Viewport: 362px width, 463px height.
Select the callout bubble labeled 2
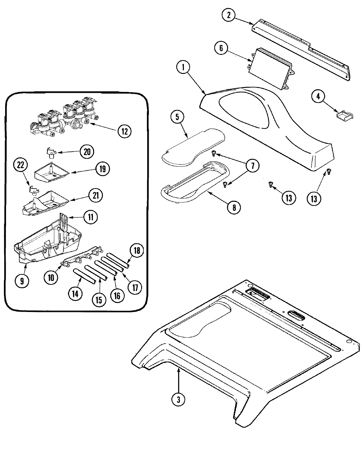(x=228, y=15)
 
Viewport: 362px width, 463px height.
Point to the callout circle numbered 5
(x=177, y=118)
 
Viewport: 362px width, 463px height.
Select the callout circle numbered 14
(x=75, y=294)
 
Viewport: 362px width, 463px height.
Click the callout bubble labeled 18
(x=137, y=251)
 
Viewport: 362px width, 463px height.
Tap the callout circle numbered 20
(x=87, y=152)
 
